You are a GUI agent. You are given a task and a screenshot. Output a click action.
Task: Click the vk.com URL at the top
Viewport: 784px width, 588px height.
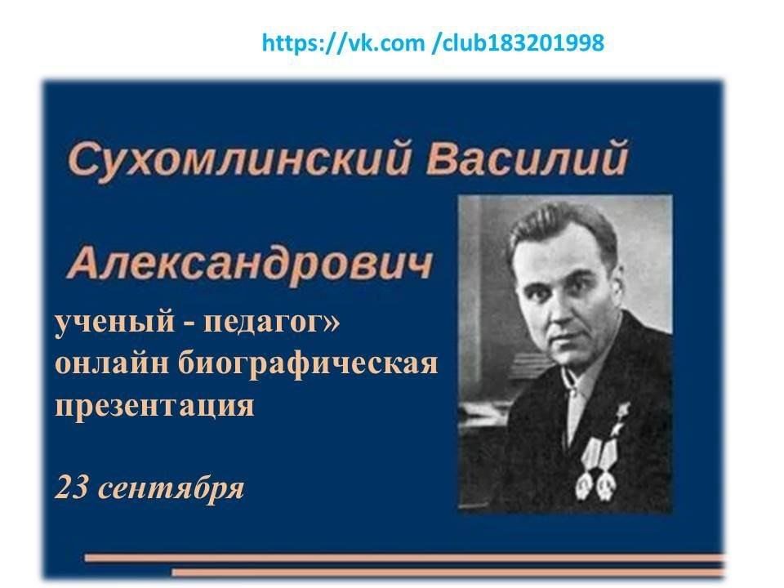[x=433, y=42]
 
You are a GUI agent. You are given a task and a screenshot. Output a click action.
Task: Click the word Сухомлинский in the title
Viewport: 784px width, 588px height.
[x=239, y=159]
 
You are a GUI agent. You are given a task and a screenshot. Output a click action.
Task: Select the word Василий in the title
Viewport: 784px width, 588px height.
[x=527, y=158]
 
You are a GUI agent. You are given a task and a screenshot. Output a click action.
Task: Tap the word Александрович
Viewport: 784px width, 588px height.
[x=250, y=264]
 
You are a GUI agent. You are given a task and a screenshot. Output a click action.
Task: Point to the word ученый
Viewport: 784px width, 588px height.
[x=114, y=322]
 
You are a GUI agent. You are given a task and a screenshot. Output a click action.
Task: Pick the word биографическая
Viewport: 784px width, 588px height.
[x=308, y=364]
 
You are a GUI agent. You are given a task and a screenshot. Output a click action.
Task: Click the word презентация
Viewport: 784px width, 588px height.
[x=154, y=406]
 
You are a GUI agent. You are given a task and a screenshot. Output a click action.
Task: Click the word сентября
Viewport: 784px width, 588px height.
[x=171, y=488]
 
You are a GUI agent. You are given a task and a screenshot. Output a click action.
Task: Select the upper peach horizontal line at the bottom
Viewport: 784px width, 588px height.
[x=404, y=558]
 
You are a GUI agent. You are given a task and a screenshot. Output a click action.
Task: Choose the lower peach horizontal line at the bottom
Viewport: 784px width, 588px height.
[x=448, y=572]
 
